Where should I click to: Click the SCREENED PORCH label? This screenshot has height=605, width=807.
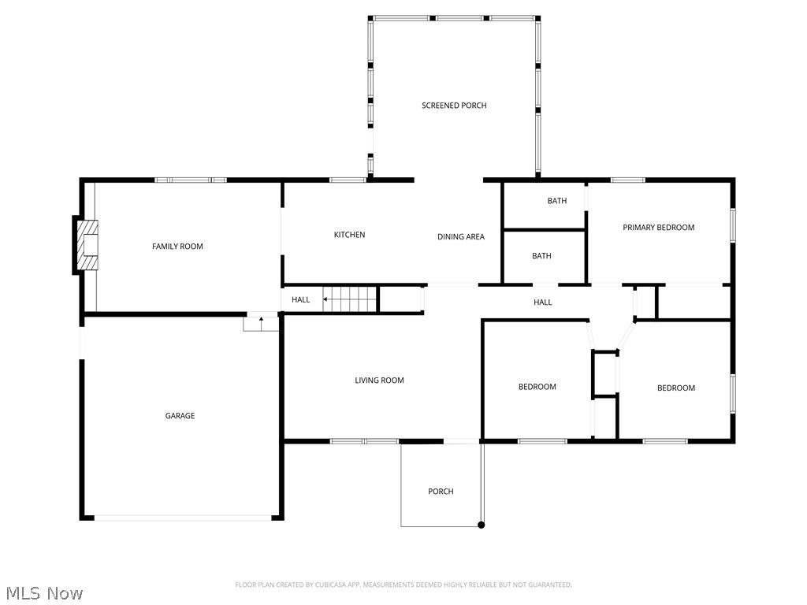click(x=454, y=106)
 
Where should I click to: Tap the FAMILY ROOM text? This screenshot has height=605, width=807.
click(x=177, y=247)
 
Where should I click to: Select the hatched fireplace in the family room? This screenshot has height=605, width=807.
click(x=88, y=245)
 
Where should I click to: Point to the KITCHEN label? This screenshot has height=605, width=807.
click(x=349, y=235)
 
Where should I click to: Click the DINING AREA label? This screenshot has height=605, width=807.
click(x=461, y=237)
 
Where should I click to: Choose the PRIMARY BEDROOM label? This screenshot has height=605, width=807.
click(x=658, y=228)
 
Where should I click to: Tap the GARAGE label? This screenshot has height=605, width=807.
click(x=180, y=416)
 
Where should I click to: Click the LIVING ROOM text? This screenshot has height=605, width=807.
click(x=379, y=380)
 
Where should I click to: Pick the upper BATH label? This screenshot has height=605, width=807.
click(x=557, y=201)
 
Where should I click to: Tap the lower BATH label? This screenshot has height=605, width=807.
click(x=541, y=256)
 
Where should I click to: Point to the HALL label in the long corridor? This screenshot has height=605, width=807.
click(x=542, y=302)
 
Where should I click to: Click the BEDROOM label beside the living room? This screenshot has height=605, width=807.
click(x=537, y=387)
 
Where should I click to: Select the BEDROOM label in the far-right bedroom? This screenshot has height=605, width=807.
click(x=676, y=388)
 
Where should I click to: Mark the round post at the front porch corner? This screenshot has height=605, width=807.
click(x=482, y=525)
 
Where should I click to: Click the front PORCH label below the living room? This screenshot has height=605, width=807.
click(x=441, y=492)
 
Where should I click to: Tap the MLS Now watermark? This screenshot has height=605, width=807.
click(x=43, y=592)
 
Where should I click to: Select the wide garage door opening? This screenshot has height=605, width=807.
click(x=182, y=518)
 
